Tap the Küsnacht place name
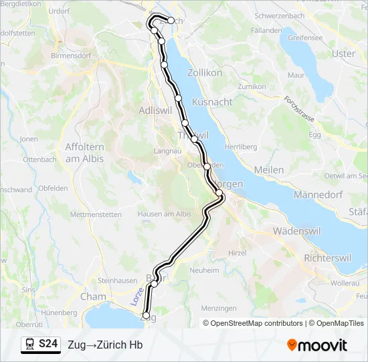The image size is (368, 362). pyautogui.click(x=212, y=102)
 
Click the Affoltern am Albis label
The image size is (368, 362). pyautogui.click(x=93, y=152)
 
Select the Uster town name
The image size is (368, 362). pyautogui.click(x=344, y=54)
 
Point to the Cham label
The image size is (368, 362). pyautogui.click(x=93, y=296)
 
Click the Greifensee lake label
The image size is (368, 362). pyautogui.click(x=305, y=38)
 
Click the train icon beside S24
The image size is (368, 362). pyautogui.click(x=30, y=345)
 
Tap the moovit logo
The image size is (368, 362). pyautogui.click(x=317, y=345)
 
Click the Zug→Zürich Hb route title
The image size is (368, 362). pyautogui.click(x=105, y=345)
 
